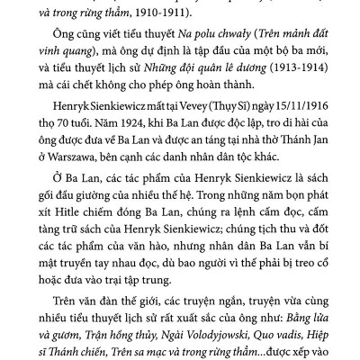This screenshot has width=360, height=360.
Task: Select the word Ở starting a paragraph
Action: tap(57, 203)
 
